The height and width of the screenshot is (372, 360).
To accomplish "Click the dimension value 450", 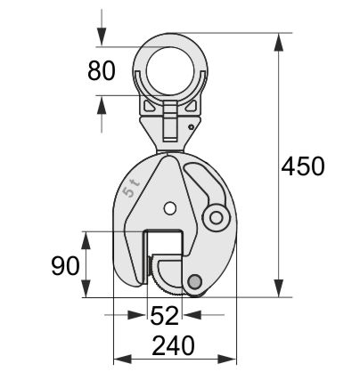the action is (303, 166).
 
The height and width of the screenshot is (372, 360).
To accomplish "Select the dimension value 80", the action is (102, 70).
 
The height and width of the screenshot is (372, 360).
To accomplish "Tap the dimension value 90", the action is (65, 265).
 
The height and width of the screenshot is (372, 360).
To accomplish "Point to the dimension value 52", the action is (165, 315).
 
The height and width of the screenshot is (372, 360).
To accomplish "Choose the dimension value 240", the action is (174, 345).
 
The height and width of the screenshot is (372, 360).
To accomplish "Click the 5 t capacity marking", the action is (131, 188).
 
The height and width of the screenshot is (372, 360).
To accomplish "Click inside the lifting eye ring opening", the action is (170, 70).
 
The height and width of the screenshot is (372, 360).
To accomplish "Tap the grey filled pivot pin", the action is (194, 281).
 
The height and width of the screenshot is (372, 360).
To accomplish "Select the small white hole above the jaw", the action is (169, 208).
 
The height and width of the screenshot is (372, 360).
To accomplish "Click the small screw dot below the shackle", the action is (192, 127).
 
